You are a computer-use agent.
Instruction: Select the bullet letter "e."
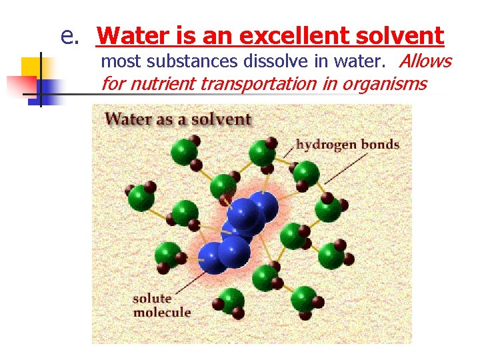[71, 35]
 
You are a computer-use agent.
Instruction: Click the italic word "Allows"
[425, 62]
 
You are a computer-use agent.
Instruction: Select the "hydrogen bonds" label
[347, 144]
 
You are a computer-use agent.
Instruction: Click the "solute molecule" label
[161, 305]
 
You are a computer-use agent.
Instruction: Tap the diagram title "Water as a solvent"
[178, 120]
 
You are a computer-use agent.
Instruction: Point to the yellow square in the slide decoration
[32, 67]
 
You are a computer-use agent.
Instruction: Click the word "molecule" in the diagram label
[161, 312]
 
